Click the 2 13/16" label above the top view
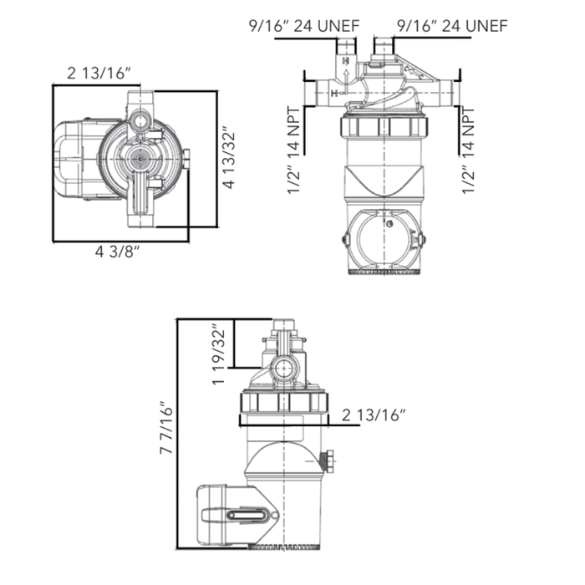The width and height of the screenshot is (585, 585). click(x=99, y=74)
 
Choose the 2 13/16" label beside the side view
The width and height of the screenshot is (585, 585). click(x=374, y=415)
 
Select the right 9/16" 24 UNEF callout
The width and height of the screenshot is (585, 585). click(x=450, y=26)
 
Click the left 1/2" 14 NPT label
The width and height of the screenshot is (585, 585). click(x=294, y=151)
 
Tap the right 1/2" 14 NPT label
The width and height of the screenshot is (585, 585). click(x=469, y=151)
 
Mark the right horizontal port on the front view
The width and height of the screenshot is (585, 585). click(x=442, y=89)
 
